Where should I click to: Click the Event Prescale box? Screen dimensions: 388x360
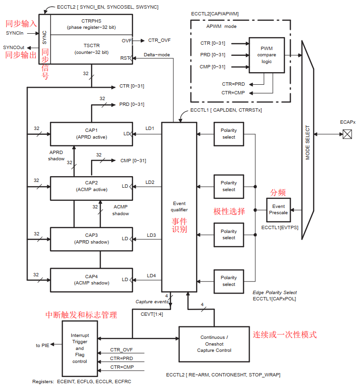tap(278, 209)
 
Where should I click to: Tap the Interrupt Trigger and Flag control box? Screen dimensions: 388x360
tap(80, 348)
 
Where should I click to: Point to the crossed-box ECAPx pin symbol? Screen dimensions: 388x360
tap(347, 135)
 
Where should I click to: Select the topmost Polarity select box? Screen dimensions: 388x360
tap(229, 133)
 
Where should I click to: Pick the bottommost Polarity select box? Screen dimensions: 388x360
tap(229, 281)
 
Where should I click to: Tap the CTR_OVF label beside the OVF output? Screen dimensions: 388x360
tap(159, 40)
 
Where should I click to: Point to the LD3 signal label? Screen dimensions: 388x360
tap(151, 235)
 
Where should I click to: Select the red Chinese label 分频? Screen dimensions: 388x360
tap(278, 193)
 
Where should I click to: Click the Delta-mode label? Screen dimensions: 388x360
tap(157, 55)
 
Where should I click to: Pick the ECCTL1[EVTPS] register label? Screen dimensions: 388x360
tap(280, 226)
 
